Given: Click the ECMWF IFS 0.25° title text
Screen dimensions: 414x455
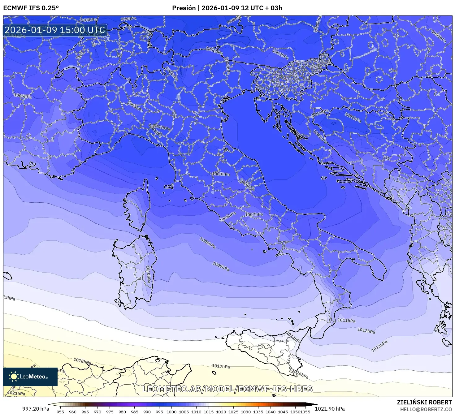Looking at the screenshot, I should point(31,8).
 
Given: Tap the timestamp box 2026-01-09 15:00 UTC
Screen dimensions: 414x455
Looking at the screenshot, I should point(55,30).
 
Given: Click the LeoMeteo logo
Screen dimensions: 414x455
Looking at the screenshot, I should point(30,377).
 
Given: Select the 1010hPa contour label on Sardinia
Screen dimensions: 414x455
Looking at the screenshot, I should point(148,274).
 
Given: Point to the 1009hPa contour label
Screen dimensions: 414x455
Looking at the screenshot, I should point(221,266).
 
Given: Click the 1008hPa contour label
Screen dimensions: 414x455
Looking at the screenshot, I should point(208,243).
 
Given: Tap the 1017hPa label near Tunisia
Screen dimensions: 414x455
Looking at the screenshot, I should point(221,366).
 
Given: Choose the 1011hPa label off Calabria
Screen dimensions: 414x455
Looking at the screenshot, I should point(346,321).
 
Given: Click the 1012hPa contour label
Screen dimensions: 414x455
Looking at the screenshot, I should point(366,330).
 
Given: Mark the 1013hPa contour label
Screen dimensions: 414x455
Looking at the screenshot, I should point(379,346).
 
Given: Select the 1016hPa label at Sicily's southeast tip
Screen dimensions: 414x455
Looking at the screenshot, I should point(300,374).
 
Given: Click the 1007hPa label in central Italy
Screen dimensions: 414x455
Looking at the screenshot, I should point(254,214).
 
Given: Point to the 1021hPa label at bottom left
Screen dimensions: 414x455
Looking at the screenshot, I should point(16,393).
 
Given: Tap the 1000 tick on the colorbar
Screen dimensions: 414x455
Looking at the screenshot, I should point(171,412).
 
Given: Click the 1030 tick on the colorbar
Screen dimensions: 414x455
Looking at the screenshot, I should point(246,412).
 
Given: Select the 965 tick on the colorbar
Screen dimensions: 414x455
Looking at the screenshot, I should point(85,412).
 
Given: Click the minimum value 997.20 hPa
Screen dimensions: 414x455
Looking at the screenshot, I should point(36,409).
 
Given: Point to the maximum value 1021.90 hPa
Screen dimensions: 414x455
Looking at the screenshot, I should point(330,409).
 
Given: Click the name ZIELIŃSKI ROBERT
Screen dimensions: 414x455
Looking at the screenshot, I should point(424,402).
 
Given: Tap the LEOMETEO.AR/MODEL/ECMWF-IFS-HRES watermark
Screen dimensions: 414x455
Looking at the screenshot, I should point(227,389).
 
